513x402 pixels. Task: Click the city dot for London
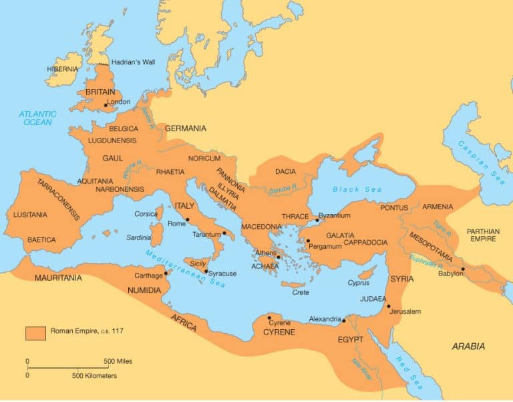pos(105,105)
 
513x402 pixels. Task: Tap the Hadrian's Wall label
pos(132,62)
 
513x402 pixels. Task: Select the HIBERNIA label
pos(62,69)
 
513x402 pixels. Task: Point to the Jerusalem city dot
pos(388,306)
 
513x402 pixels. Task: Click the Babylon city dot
pos(462,269)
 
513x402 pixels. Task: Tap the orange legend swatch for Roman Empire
pos(35,332)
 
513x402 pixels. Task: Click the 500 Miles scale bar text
pos(120,361)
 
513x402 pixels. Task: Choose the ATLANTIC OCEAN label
pos(37,118)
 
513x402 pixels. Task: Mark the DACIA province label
pos(286,172)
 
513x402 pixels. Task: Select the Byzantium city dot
pos(317,220)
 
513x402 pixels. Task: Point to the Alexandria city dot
pos(343,321)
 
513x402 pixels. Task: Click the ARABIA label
pos(468,346)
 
